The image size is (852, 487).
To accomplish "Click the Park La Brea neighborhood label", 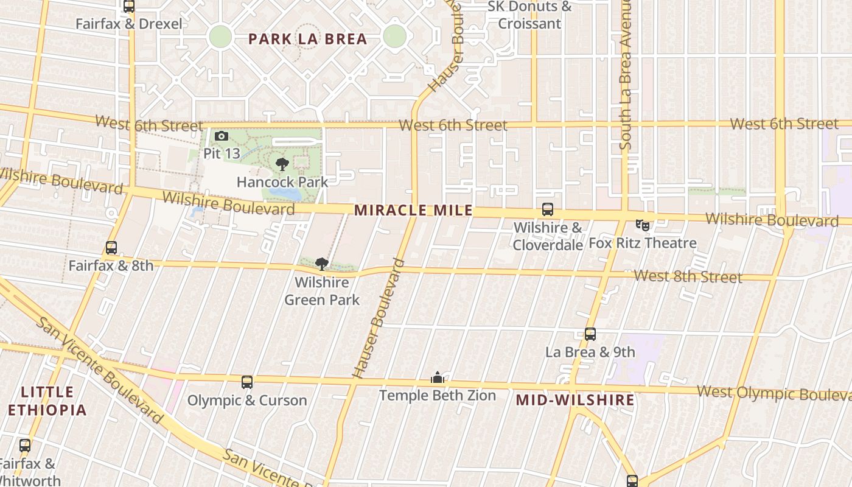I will pyautogui.click(x=307, y=39).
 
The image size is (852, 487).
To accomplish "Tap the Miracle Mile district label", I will pyautogui.click(x=413, y=211).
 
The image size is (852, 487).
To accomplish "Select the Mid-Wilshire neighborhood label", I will pyautogui.click(x=575, y=400).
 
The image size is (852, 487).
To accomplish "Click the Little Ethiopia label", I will pyautogui.click(x=47, y=401).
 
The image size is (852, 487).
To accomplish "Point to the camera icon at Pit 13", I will pyautogui.click(x=222, y=136).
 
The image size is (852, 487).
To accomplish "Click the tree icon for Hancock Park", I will pyautogui.click(x=282, y=164).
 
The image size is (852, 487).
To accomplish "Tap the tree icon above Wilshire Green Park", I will pyautogui.click(x=322, y=264).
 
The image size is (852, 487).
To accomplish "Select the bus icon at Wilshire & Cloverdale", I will pyautogui.click(x=548, y=209).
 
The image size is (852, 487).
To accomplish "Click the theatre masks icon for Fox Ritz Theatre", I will pyautogui.click(x=643, y=225).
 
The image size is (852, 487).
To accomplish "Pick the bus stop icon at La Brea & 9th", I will pyautogui.click(x=590, y=334).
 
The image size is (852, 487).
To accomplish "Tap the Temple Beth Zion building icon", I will pyautogui.click(x=438, y=378).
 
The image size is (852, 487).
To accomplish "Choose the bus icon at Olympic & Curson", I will pyautogui.click(x=246, y=382).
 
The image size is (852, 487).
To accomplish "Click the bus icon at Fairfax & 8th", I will pyautogui.click(x=111, y=248).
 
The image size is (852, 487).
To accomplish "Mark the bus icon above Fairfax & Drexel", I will pyautogui.click(x=128, y=6).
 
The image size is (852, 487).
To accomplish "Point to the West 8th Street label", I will pyautogui.click(x=688, y=276).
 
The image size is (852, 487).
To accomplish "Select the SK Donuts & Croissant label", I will pyautogui.click(x=530, y=15).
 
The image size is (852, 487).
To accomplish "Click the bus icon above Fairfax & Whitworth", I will pyautogui.click(x=24, y=445).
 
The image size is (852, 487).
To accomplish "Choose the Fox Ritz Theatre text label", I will pyautogui.click(x=642, y=243).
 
